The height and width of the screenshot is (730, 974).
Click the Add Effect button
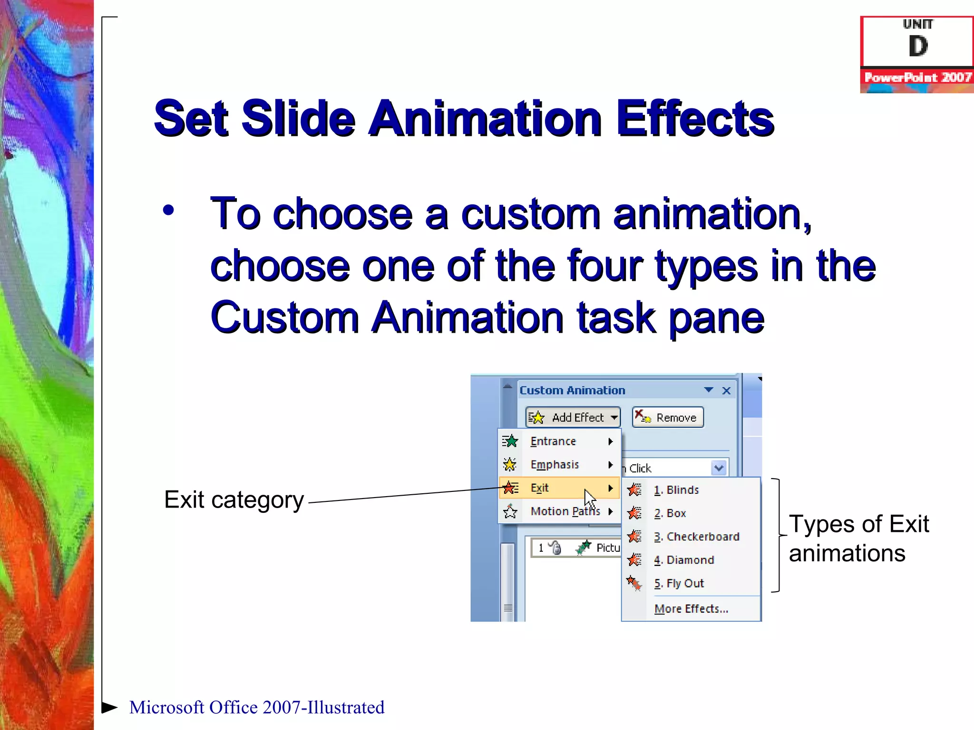(573, 417)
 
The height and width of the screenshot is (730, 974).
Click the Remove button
(668, 417)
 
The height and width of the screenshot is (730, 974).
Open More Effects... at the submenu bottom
(691, 609)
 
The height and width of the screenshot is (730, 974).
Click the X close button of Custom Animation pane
(726, 391)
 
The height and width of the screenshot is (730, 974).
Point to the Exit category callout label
(234, 500)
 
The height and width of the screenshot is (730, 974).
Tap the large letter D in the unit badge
(918, 47)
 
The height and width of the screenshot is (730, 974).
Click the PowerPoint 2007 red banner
(917, 77)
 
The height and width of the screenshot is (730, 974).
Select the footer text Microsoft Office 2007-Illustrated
(257, 707)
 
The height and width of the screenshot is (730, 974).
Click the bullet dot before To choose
(168, 210)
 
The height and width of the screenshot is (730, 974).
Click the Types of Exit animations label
(858, 538)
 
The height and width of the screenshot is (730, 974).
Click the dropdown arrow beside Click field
(719, 468)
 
